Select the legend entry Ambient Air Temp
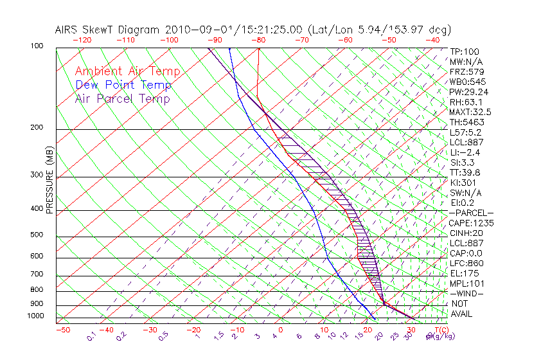128,71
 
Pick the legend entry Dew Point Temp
123,85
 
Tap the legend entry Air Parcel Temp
123,98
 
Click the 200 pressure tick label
37,127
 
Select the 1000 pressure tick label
35,316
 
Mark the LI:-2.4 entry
465,152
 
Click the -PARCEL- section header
471,213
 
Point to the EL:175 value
462,273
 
